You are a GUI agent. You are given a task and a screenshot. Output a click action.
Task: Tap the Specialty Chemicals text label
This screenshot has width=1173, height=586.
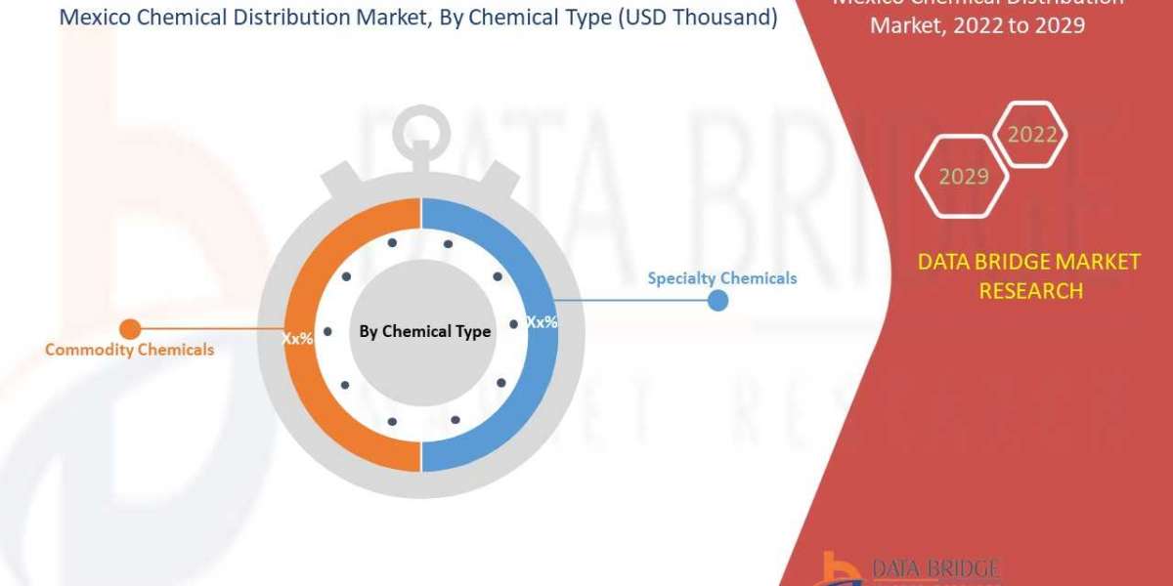721,278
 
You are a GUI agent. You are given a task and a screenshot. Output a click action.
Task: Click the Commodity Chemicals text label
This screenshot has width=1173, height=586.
129,350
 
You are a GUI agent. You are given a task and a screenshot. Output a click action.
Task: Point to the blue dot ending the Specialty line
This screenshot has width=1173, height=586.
717,300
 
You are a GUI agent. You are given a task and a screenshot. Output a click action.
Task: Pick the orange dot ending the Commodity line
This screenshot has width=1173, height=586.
129,329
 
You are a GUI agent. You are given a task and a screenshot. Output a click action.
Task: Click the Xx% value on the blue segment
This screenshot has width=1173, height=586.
542,321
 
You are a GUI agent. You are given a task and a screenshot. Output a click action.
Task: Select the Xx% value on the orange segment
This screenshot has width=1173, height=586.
297,339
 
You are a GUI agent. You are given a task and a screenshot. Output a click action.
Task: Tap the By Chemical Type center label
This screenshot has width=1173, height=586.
424,332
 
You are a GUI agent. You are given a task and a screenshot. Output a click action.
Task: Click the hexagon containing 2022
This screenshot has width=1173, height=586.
1032,135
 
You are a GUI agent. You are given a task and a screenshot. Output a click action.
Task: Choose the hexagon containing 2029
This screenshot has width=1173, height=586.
963,177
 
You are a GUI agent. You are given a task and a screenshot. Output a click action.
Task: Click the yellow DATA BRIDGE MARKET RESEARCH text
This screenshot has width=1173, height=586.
1029,275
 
